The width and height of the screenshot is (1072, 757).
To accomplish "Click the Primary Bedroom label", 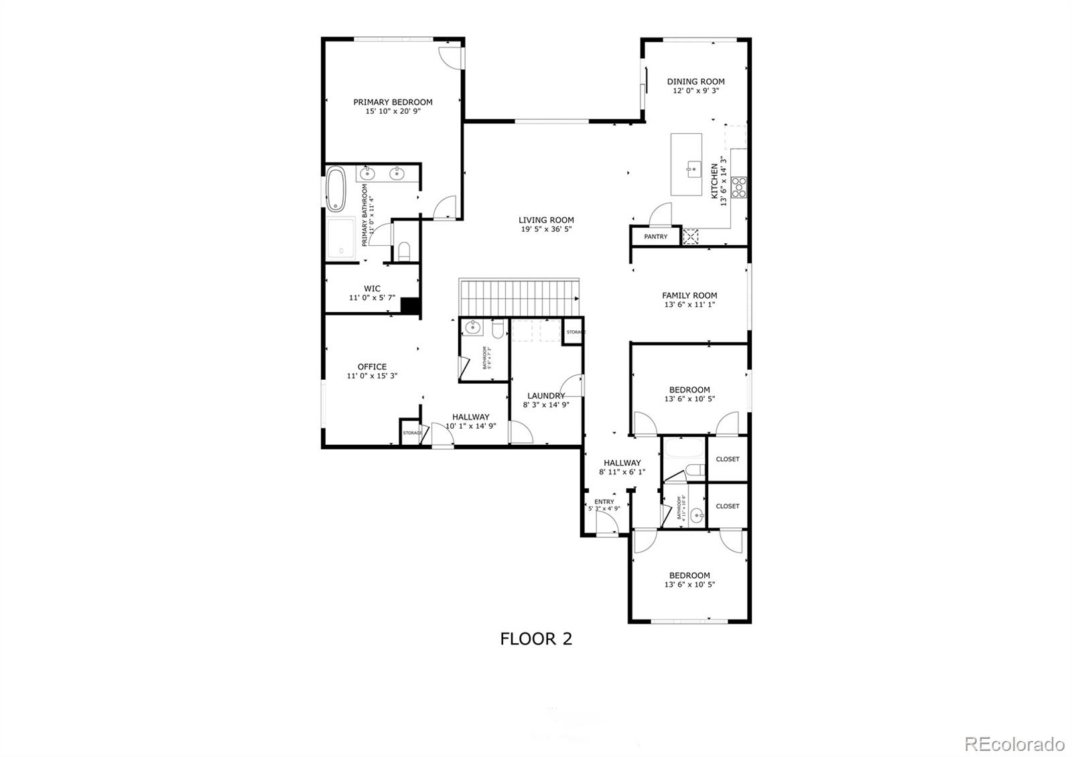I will (393, 102).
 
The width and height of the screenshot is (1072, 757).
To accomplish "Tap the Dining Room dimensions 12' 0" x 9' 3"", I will (695, 90).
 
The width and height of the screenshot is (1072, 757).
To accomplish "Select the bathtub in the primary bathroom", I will (336, 190).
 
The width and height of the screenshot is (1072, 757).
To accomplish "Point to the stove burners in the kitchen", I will (739, 187).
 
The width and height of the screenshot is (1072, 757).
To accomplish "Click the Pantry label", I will (655, 236).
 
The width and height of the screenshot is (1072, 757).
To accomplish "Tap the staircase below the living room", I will (519, 295).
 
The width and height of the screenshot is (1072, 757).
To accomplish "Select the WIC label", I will (372, 289).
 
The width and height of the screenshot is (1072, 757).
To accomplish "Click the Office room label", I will (372, 366).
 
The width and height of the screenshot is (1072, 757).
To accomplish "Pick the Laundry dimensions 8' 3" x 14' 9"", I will (546, 405).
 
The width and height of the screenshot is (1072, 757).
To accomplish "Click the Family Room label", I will (689, 295).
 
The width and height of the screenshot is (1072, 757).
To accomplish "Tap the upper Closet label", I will (728, 459).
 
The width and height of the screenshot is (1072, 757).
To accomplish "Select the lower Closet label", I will (728, 506).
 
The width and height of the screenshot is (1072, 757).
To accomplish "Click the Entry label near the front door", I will (604, 502).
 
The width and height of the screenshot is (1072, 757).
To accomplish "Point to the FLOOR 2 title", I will (536, 638).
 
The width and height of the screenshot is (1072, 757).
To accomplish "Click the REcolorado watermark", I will (1014, 744).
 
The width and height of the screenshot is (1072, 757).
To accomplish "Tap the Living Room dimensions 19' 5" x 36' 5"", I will (546, 229).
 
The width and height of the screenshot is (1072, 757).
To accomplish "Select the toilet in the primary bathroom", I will (403, 251).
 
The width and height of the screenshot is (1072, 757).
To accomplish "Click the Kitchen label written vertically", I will (715, 180).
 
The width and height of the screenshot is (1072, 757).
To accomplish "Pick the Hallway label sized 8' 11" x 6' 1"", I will (622, 462).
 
